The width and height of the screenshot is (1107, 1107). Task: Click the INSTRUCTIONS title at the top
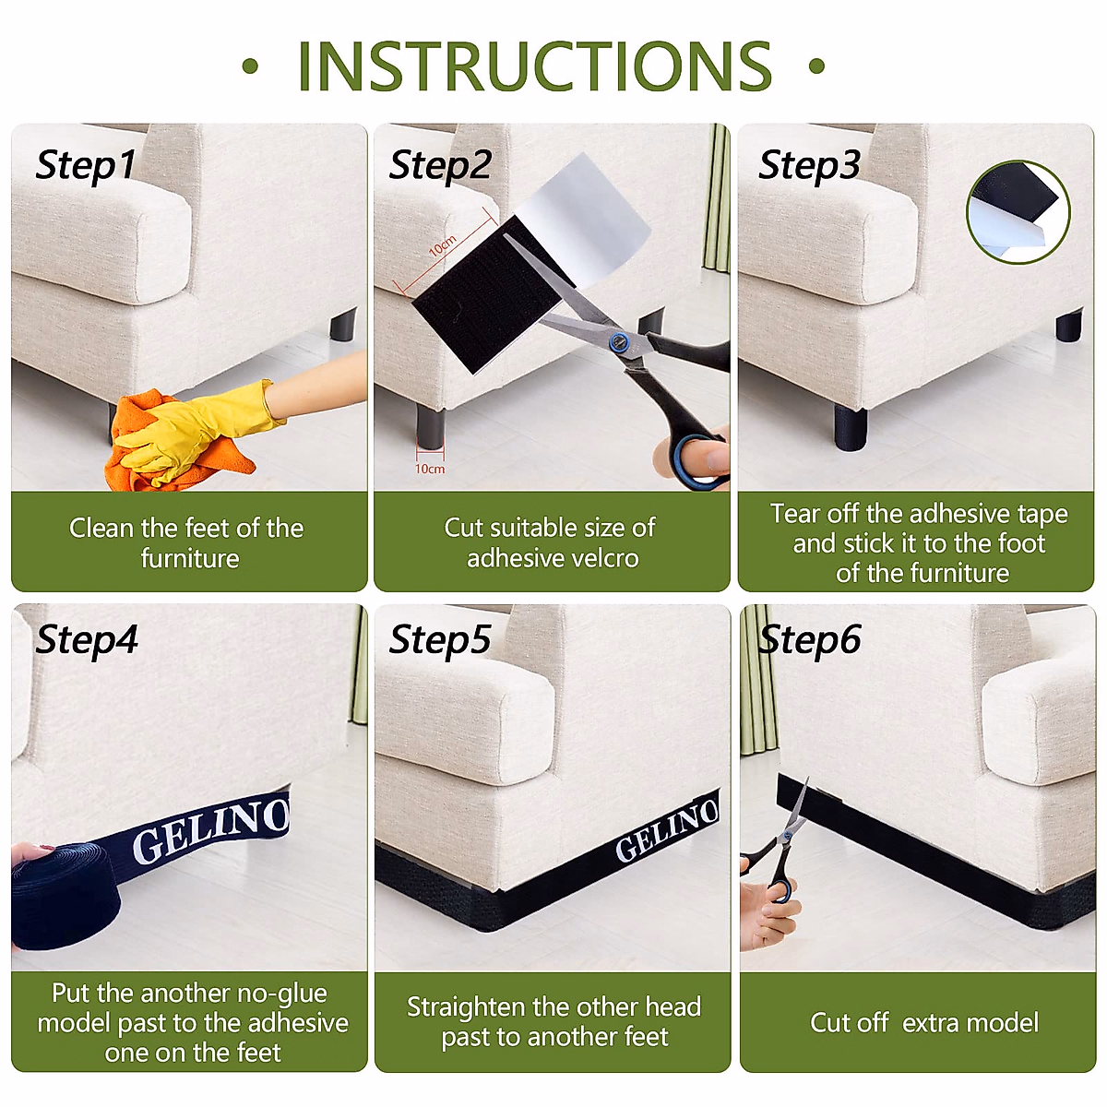coord(534,66)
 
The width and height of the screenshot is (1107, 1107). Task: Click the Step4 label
coord(87,640)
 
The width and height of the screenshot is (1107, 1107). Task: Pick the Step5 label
coord(440,640)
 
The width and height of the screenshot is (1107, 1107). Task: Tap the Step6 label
coord(810,640)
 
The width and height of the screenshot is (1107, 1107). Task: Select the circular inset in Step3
coord(1018,212)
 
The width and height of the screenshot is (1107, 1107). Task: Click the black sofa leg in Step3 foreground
coord(851,428)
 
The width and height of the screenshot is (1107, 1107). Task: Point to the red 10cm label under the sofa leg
coord(430,469)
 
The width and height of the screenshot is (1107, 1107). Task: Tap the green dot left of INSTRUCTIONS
coord(250,66)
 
